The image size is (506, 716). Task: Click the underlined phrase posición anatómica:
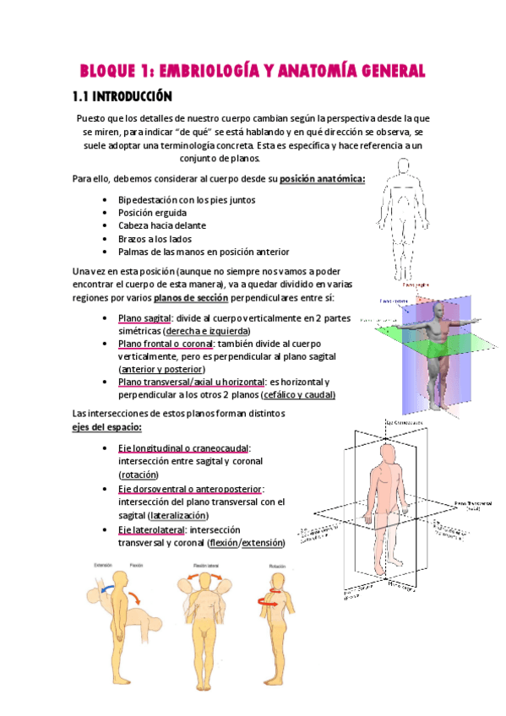322,179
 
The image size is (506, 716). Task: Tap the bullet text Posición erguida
153,213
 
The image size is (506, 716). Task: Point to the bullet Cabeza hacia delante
162,225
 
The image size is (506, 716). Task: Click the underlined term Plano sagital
144,317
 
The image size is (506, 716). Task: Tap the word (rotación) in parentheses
142,475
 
